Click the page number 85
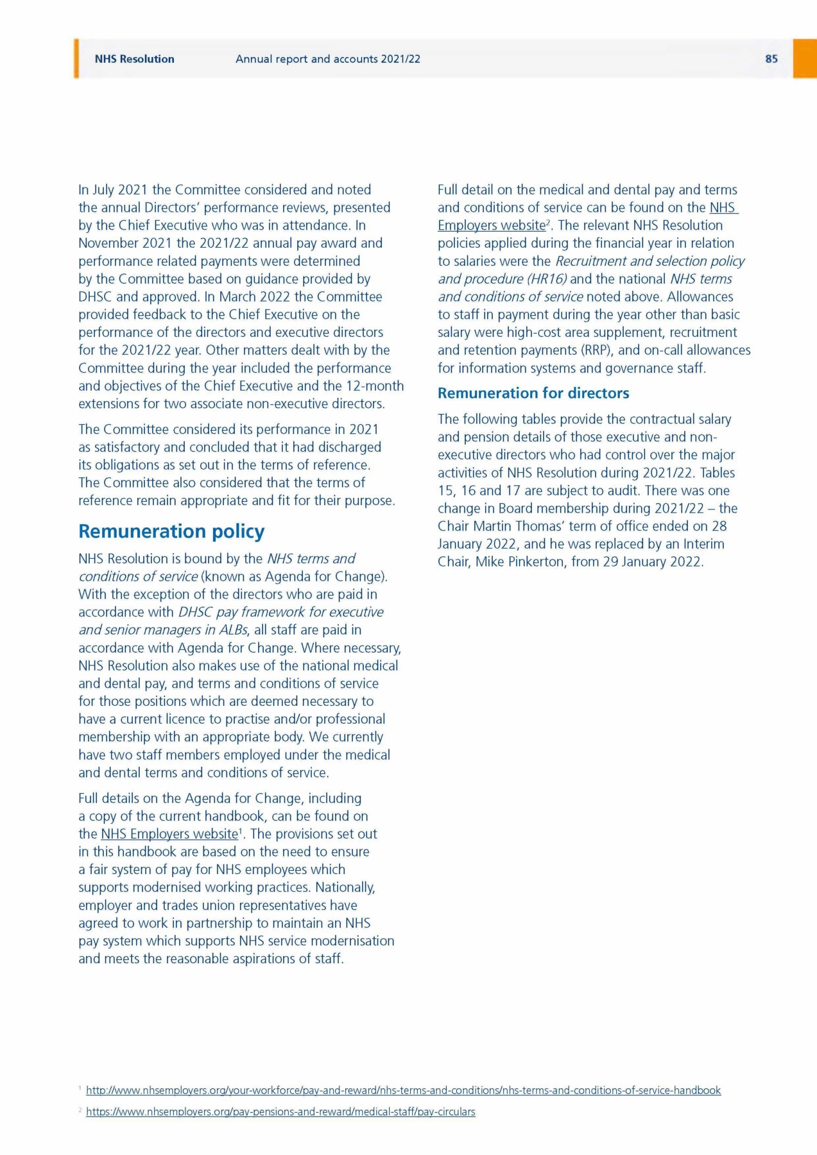coord(771,59)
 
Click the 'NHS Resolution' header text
coord(134,59)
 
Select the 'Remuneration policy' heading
coord(171,531)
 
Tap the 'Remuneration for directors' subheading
coord(533,393)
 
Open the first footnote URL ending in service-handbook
coord(403,1090)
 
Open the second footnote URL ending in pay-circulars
coord(280,1111)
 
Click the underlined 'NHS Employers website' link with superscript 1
coord(169,834)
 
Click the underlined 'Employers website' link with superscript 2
coord(491,225)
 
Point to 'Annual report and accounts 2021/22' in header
coord(327,59)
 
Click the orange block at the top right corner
coord(805,58)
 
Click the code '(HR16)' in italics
coord(547,279)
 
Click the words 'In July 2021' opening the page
coord(113,190)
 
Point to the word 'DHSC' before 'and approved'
coord(96,297)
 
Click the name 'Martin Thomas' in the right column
coord(517,526)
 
